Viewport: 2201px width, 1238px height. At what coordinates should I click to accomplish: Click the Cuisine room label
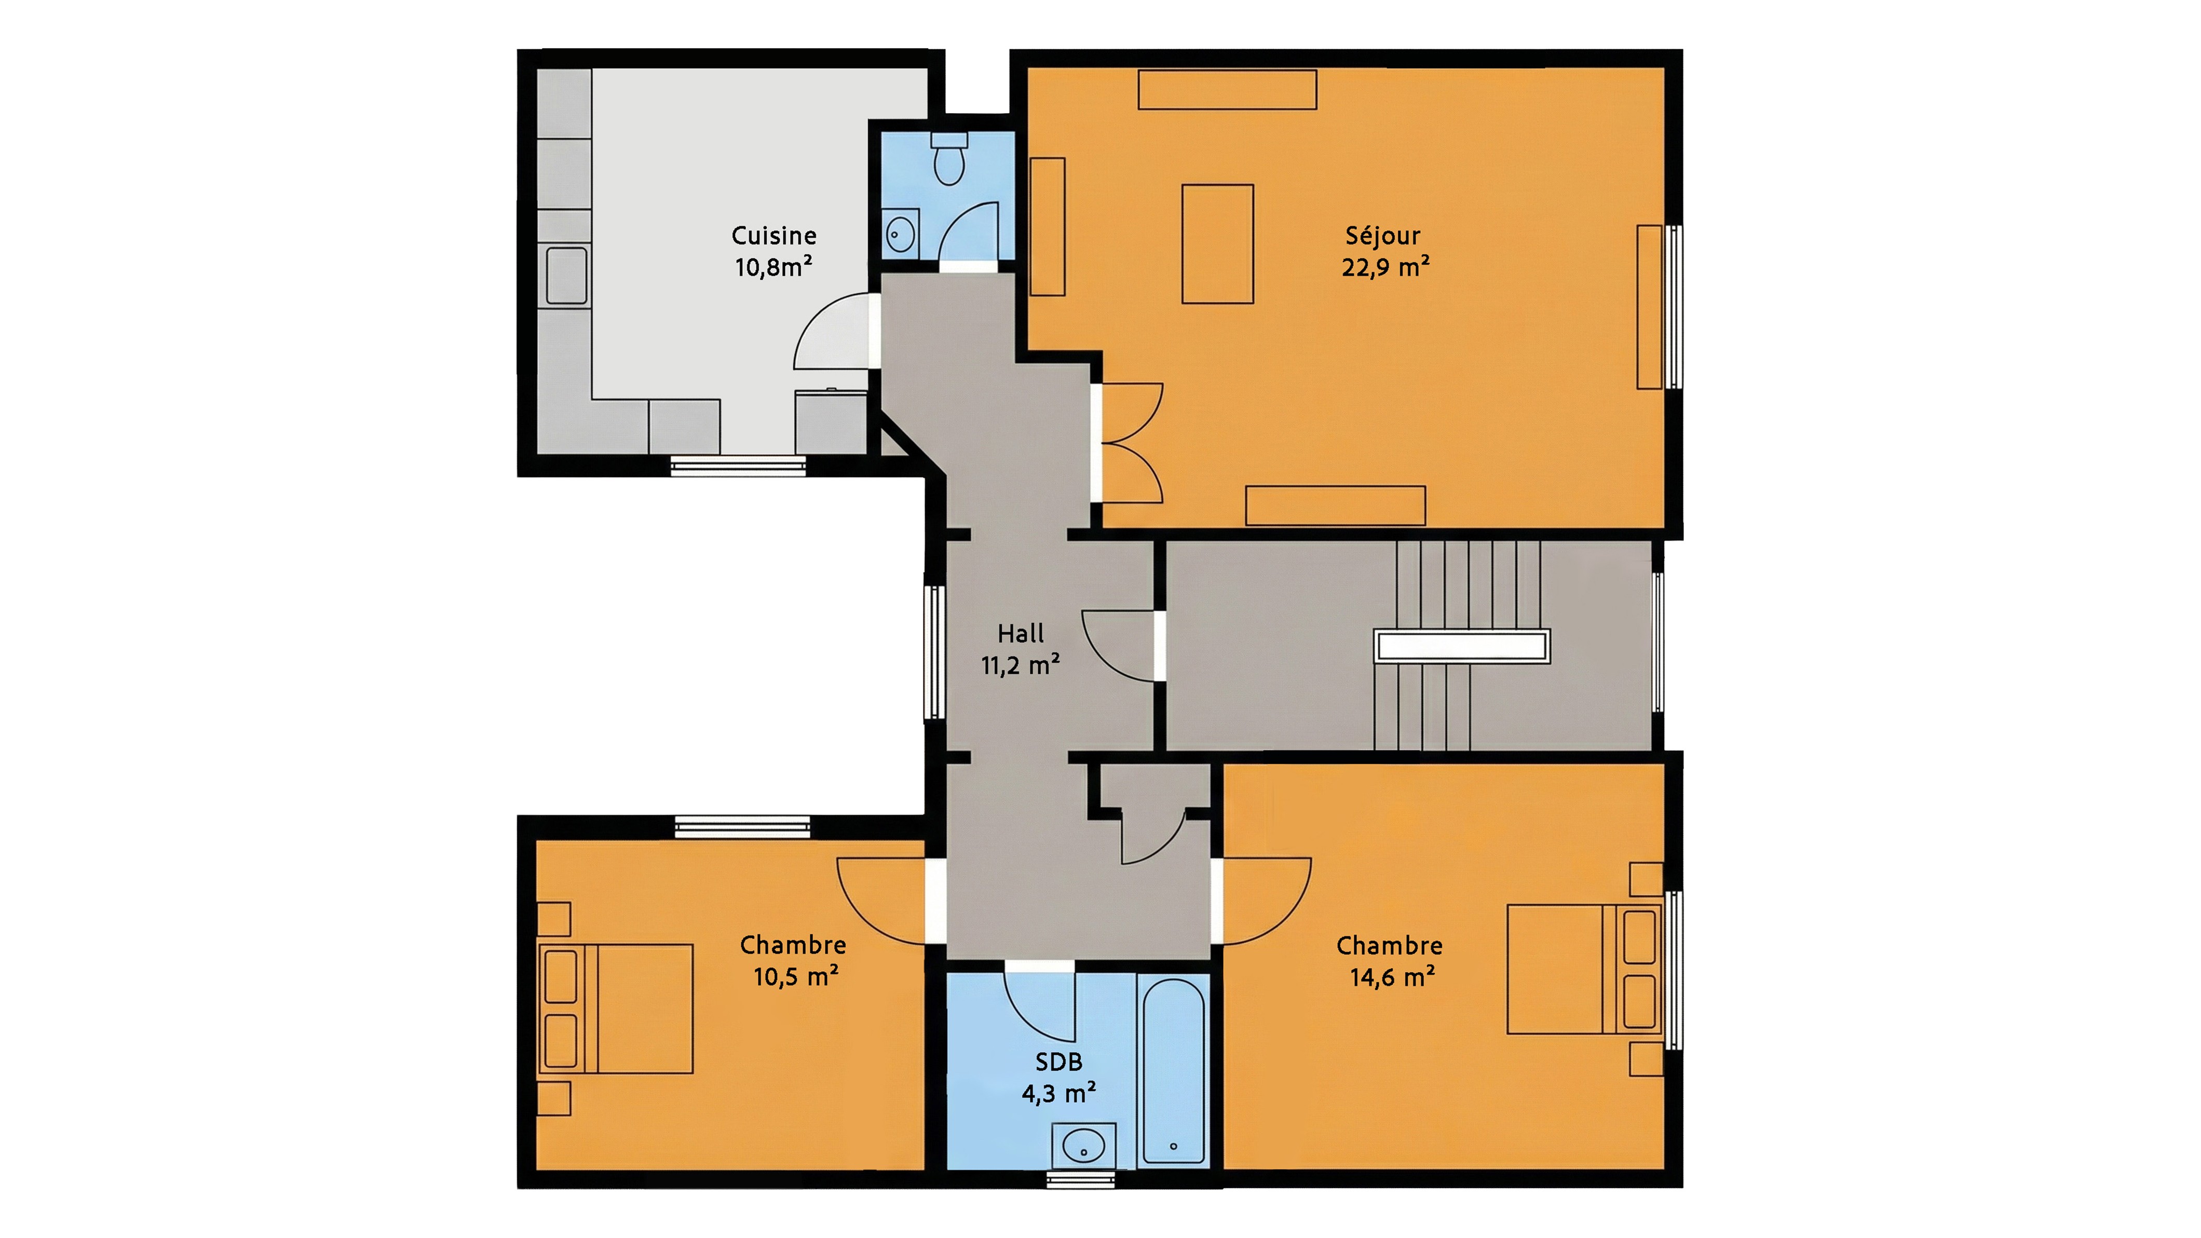tap(773, 236)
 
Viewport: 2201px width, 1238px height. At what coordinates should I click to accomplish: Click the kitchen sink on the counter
tap(566, 275)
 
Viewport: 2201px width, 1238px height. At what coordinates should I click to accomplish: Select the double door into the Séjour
tap(1128, 443)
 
